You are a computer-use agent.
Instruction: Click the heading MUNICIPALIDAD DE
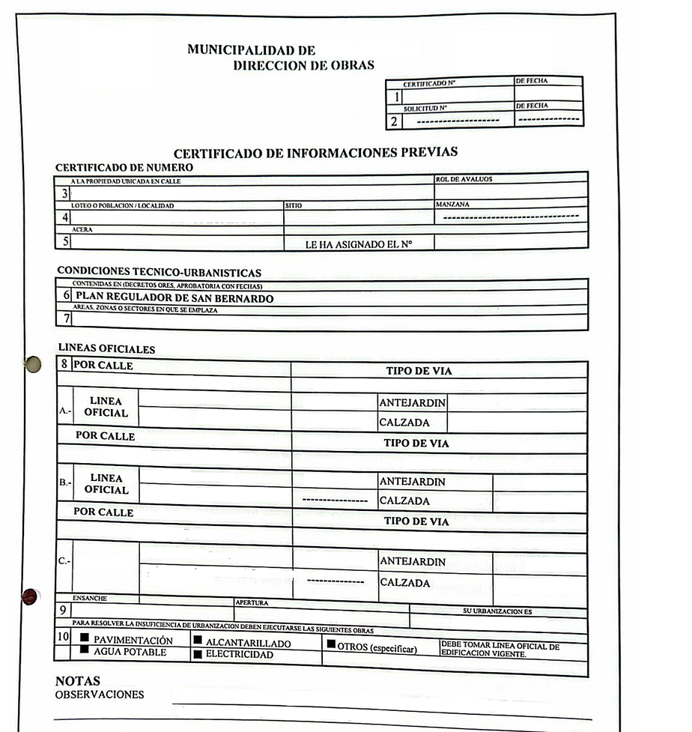[251, 50]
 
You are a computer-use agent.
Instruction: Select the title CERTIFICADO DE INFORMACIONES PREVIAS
[315, 153]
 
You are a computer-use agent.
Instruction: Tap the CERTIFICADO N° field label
[430, 84]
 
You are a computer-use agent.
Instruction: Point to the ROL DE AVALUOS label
[464, 180]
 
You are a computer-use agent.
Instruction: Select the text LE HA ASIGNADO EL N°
[359, 244]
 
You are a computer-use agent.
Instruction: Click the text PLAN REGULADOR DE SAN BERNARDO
[174, 298]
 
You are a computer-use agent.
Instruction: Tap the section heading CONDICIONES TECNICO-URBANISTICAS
[159, 273]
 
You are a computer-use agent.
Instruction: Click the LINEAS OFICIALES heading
[106, 349]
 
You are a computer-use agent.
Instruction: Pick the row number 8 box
[65, 366]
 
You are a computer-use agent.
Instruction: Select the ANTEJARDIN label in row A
[412, 403]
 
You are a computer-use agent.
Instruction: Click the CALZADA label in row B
[404, 500]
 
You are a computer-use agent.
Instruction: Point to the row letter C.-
[65, 562]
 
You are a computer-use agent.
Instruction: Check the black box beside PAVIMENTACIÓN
[85, 638]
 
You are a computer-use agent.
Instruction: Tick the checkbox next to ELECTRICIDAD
[198, 654]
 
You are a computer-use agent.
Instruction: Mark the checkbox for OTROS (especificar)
[330, 644]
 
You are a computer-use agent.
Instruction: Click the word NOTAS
[78, 682]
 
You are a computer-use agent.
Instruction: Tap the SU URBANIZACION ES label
[497, 611]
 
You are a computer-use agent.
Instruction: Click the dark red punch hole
[30, 596]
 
